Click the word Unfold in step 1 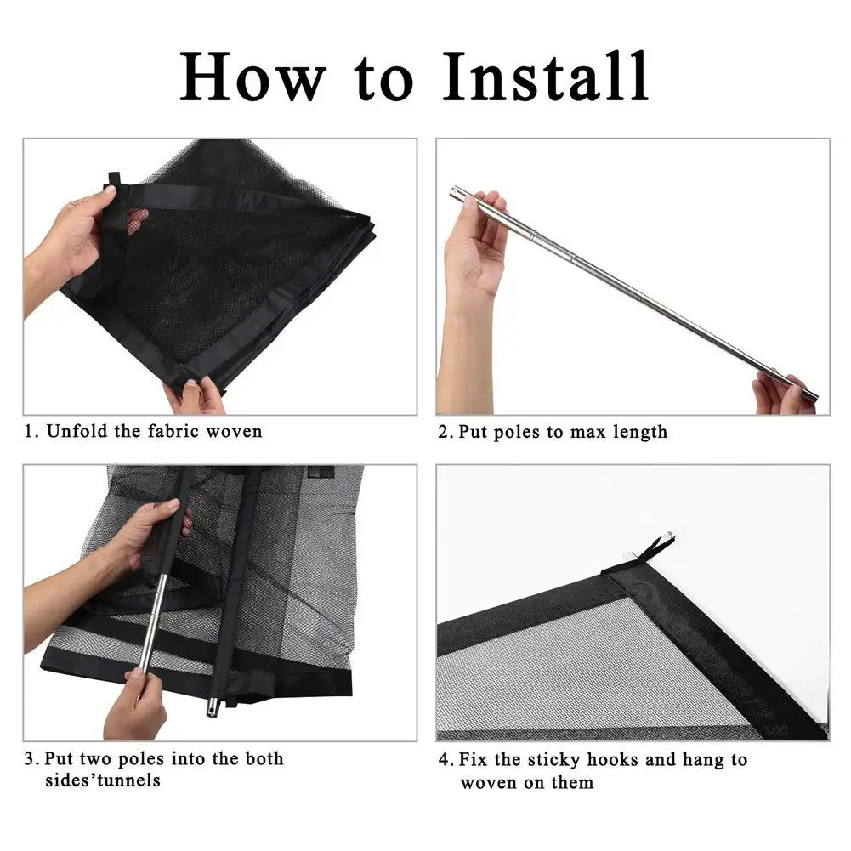(x=77, y=431)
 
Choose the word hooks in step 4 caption (x=612, y=759)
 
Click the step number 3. (x=30, y=758)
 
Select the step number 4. (x=444, y=759)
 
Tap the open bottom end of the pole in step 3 (x=213, y=708)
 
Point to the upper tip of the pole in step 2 (x=453, y=190)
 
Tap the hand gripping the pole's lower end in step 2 (x=781, y=394)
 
